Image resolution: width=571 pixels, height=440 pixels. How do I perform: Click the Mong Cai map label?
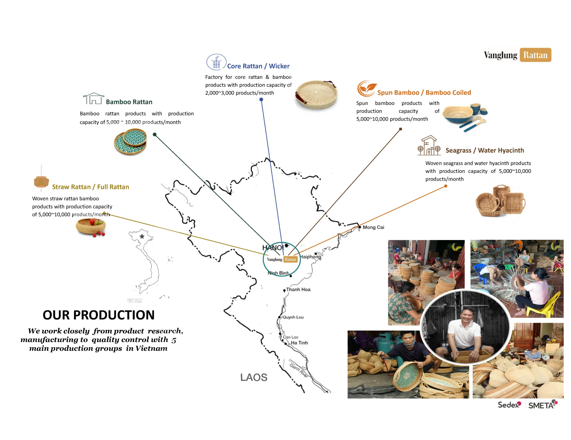(373, 227)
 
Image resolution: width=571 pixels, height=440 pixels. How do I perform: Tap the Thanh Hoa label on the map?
(298, 290)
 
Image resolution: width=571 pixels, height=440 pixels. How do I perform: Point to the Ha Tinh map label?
(299, 343)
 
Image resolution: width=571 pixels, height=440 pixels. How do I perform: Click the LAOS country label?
(254, 377)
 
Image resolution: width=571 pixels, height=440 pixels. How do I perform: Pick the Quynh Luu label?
(293, 317)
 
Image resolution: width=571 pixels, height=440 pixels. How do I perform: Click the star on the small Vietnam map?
(142, 236)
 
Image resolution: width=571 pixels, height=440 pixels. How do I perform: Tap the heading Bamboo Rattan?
(129, 102)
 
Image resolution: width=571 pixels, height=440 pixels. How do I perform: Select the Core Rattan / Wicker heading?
(258, 66)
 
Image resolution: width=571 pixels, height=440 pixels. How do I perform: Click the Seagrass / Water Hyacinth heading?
(485, 150)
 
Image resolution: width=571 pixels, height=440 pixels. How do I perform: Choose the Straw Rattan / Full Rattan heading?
(91, 187)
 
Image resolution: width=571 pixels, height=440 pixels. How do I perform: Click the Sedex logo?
(509, 405)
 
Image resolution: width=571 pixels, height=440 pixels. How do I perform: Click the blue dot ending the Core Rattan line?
(261, 100)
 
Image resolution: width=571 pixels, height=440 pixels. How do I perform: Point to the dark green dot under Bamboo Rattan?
(155, 135)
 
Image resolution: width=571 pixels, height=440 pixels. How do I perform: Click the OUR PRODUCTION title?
(99, 315)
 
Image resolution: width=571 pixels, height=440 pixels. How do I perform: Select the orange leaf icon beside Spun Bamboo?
(367, 88)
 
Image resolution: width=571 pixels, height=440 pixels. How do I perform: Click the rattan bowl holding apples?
(91, 227)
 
